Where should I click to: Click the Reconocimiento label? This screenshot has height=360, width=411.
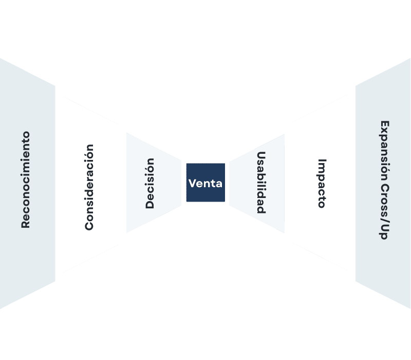click(25, 179)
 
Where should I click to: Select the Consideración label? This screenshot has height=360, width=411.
click(89, 187)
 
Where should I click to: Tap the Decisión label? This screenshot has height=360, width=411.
click(150, 183)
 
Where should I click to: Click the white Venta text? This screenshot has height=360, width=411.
click(206, 183)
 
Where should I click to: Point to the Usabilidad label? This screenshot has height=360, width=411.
click(261, 183)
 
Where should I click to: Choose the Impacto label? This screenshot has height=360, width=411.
click(322, 183)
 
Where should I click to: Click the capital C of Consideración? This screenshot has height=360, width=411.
click(89, 225)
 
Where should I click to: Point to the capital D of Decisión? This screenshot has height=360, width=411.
click(150, 204)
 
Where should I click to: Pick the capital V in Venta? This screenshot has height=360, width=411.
click(192, 183)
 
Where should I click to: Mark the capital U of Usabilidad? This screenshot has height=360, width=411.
click(261, 156)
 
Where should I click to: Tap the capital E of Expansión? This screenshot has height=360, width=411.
click(384, 124)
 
